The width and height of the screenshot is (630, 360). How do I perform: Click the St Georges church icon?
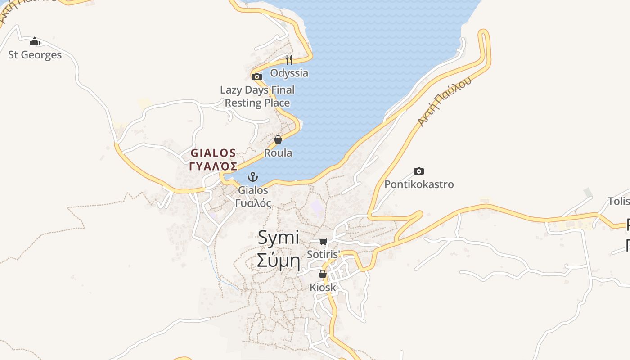pos(35,42)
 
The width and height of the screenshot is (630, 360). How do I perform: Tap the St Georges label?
pos(35,55)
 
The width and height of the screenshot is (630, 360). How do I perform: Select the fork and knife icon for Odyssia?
pos(289,59)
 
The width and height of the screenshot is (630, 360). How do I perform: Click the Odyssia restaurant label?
pos(289,73)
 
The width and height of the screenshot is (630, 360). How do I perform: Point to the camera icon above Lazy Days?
pos(257,76)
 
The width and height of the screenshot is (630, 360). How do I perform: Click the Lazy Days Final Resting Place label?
pos(257,96)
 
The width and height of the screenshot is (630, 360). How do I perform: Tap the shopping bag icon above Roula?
pos(278,139)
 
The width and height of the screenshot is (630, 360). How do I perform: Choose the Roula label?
pos(278,153)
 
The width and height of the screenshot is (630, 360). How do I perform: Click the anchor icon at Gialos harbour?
pos(253,176)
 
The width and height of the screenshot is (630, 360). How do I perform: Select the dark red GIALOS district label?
pos(213,153)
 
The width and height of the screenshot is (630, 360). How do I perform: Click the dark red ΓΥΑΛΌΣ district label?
pos(213,166)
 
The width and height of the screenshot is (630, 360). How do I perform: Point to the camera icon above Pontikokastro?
pos(419,171)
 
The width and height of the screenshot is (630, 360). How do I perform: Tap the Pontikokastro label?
pos(419,184)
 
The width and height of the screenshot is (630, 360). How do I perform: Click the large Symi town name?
pos(279,238)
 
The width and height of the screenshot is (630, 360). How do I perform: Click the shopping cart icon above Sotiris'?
pos(323,242)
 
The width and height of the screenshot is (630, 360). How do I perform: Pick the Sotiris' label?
pos(323,254)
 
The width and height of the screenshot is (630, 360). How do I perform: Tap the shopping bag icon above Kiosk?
pos(323,274)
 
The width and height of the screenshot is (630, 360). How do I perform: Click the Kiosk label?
pos(323,287)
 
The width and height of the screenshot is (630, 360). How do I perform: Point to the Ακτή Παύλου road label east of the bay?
pos(445,101)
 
